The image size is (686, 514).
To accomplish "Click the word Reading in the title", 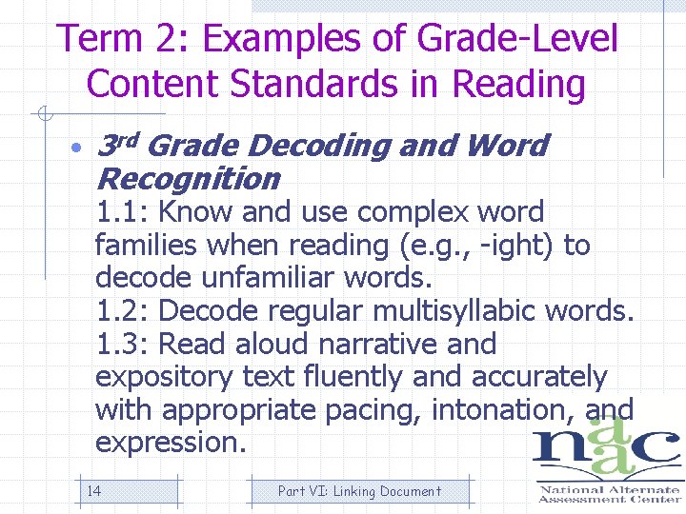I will (519, 84).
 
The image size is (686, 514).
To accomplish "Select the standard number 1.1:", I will (122, 211).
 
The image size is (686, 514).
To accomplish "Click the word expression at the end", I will (170, 443).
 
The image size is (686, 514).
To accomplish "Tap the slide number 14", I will (94, 491).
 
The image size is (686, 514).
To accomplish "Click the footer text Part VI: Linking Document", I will (359, 491).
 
